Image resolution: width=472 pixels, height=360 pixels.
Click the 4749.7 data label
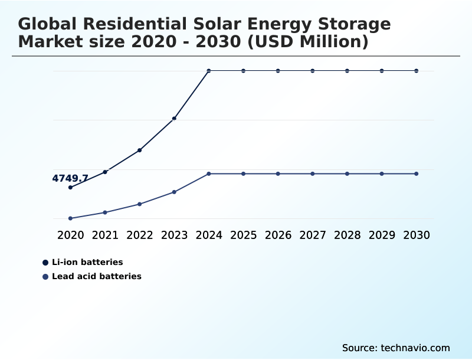click(x=70, y=178)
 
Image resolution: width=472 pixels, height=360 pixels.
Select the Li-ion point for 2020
click(x=70, y=188)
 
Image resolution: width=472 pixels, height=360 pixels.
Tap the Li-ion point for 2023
click(x=174, y=119)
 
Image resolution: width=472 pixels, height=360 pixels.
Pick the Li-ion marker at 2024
click(x=209, y=71)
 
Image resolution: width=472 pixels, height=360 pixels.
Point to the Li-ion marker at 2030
click(x=417, y=71)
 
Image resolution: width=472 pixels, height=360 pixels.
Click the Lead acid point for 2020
click(x=70, y=218)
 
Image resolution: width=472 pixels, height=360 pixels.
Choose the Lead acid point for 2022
click(x=140, y=204)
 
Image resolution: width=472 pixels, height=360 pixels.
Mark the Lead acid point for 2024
click(x=209, y=174)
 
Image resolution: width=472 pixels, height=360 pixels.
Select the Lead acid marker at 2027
click(x=313, y=174)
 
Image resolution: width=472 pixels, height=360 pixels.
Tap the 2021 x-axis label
click(x=105, y=235)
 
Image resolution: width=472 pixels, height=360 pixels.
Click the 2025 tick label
click(x=244, y=235)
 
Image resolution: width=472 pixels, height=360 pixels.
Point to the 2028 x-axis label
click(x=348, y=235)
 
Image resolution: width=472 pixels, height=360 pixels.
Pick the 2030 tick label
click(x=417, y=235)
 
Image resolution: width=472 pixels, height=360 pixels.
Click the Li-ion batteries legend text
click(x=87, y=262)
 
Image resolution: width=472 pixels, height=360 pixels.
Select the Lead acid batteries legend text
click(x=97, y=276)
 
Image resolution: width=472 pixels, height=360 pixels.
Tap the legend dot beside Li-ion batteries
click(x=45, y=262)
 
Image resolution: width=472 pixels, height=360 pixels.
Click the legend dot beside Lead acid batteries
click(x=45, y=276)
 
